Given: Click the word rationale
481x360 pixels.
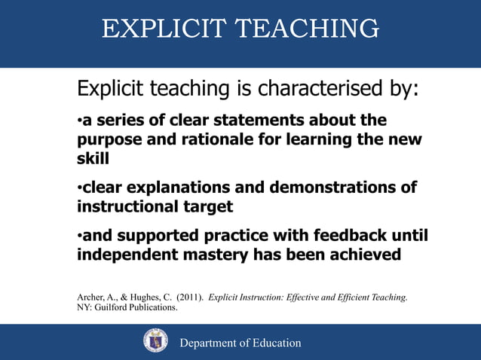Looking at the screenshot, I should pos(215,140).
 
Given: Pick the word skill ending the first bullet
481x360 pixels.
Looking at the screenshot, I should pos(93,160).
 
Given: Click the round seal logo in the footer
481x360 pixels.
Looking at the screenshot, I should pos(156,340).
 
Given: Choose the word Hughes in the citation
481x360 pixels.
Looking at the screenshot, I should pos(141,297).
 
